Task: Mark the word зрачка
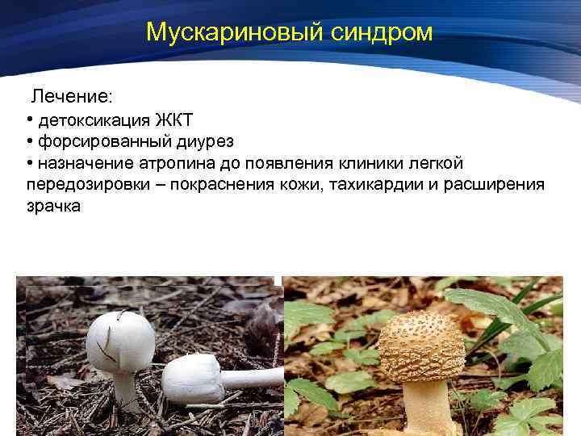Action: click(53, 206)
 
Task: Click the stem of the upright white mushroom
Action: click(124, 388)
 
